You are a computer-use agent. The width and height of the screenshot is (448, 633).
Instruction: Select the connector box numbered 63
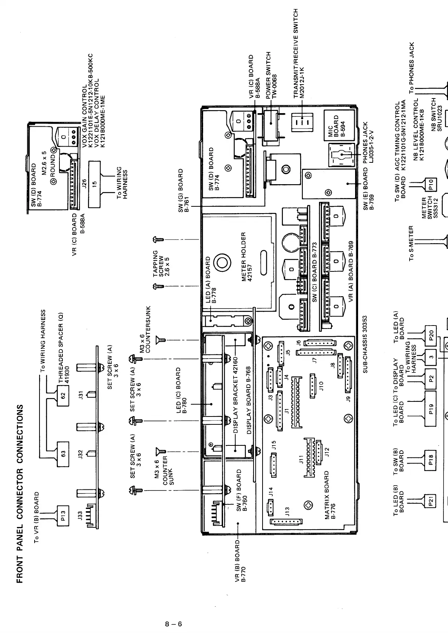(x=63, y=454)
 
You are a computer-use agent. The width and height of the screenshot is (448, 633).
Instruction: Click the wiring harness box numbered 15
(x=94, y=184)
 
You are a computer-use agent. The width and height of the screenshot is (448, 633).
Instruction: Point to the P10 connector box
(x=431, y=184)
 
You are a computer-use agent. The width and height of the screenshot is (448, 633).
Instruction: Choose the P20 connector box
(x=431, y=335)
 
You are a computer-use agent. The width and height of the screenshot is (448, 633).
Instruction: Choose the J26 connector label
(x=85, y=184)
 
